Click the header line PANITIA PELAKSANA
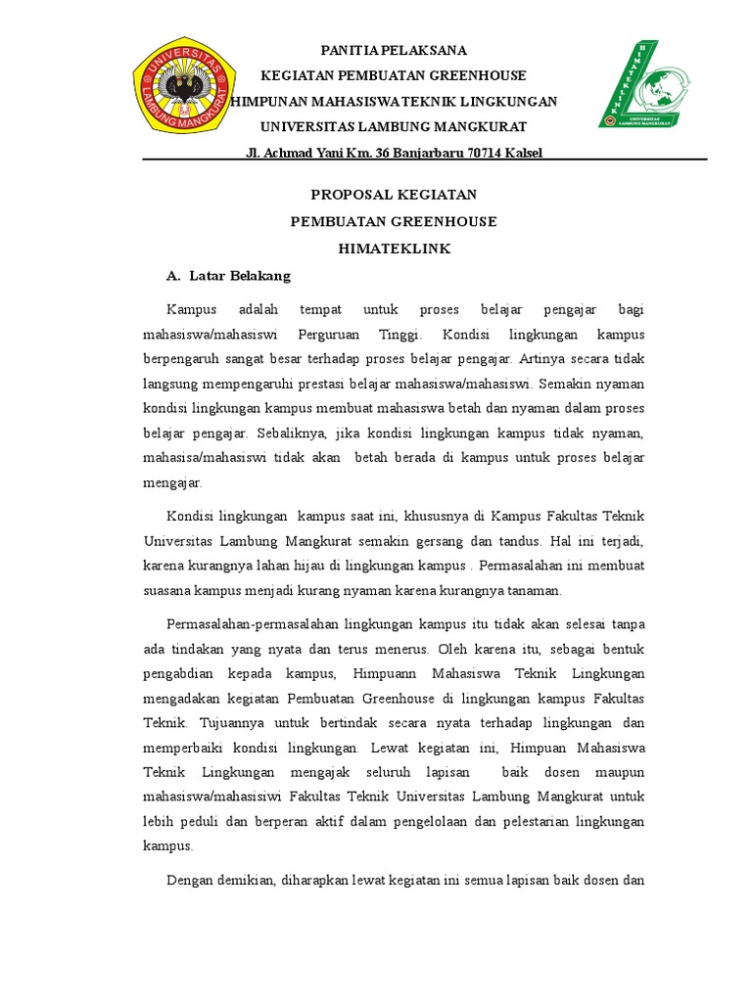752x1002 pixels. [395, 50]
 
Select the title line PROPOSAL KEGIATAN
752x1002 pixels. [394, 195]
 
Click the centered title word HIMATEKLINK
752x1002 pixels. [394, 249]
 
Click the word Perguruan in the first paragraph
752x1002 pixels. [341, 335]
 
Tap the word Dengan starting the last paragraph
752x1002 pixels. [191, 881]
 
